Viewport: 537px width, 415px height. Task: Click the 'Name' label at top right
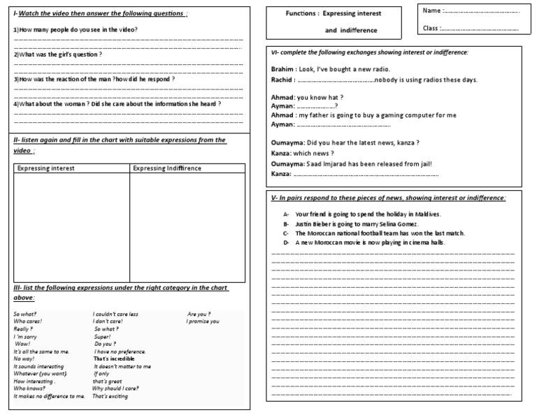pyautogui.click(x=432, y=11)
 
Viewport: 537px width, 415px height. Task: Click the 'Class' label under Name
pyautogui.click(x=432, y=29)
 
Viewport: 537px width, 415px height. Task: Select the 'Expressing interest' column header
pyautogui.click(x=46, y=168)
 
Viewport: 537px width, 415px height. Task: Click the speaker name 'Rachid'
pyautogui.click(x=282, y=80)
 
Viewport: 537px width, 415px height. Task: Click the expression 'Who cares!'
pyautogui.click(x=28, y=321)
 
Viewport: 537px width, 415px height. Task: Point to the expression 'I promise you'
pyautogui.click(x=203, y=321)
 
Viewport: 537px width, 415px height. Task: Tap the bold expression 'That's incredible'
pyautogui.click(x=114, y=358)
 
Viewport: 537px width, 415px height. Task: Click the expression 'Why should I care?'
pyautogui.click(x=115, y=388)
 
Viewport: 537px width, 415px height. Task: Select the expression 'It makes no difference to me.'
pyautogui.click(x=49, y=396)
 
